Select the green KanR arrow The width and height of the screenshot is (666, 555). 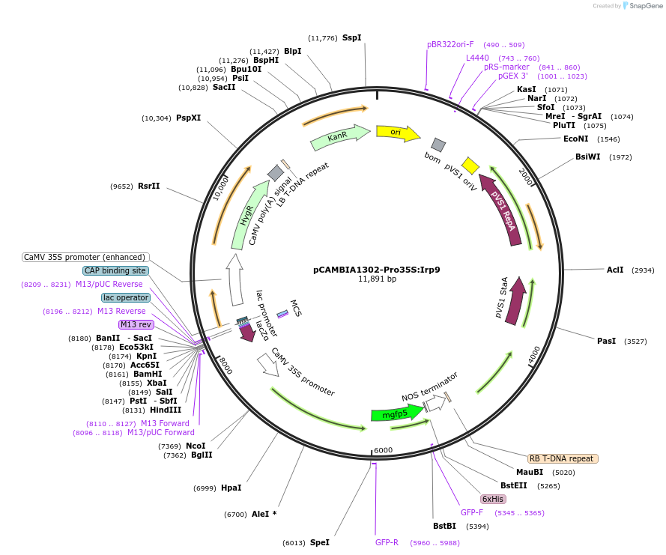click(x=339, y=136)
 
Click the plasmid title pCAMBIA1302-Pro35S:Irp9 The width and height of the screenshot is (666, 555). click(x=377, y=270)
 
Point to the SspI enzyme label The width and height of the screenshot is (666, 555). click(x=351, y=37)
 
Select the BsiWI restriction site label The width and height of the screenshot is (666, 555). click(x=588, y=157)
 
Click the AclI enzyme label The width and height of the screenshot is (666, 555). click(x=615, y=270)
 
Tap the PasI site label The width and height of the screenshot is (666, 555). click(x=606, y=341)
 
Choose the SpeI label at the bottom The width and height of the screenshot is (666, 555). click(x=319, y=542)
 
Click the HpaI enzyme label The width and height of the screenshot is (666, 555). click(x=231, y=488)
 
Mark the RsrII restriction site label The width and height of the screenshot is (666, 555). click(x=148, y=186)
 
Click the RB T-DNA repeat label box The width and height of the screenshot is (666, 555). click(x=563, y=458)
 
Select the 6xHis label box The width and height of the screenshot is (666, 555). click(x=493, y=499)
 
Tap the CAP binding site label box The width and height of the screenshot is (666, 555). click(x=115, y=270)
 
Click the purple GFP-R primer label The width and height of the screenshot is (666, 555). click(x=387, y=542)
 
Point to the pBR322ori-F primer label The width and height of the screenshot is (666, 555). click(x=450, y=44)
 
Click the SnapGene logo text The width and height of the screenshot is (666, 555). click(x=644, y=6)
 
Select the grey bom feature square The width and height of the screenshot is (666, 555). click(x=438, y=145)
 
